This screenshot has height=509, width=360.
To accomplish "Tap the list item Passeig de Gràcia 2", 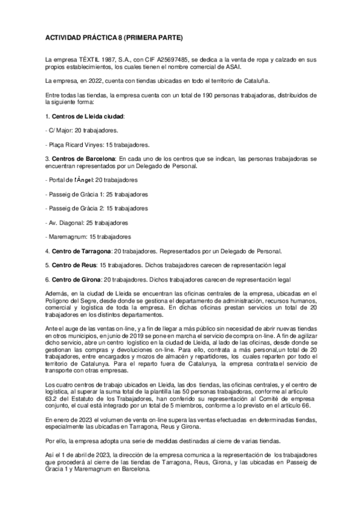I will pyautogui.click(x=97, y=208).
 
